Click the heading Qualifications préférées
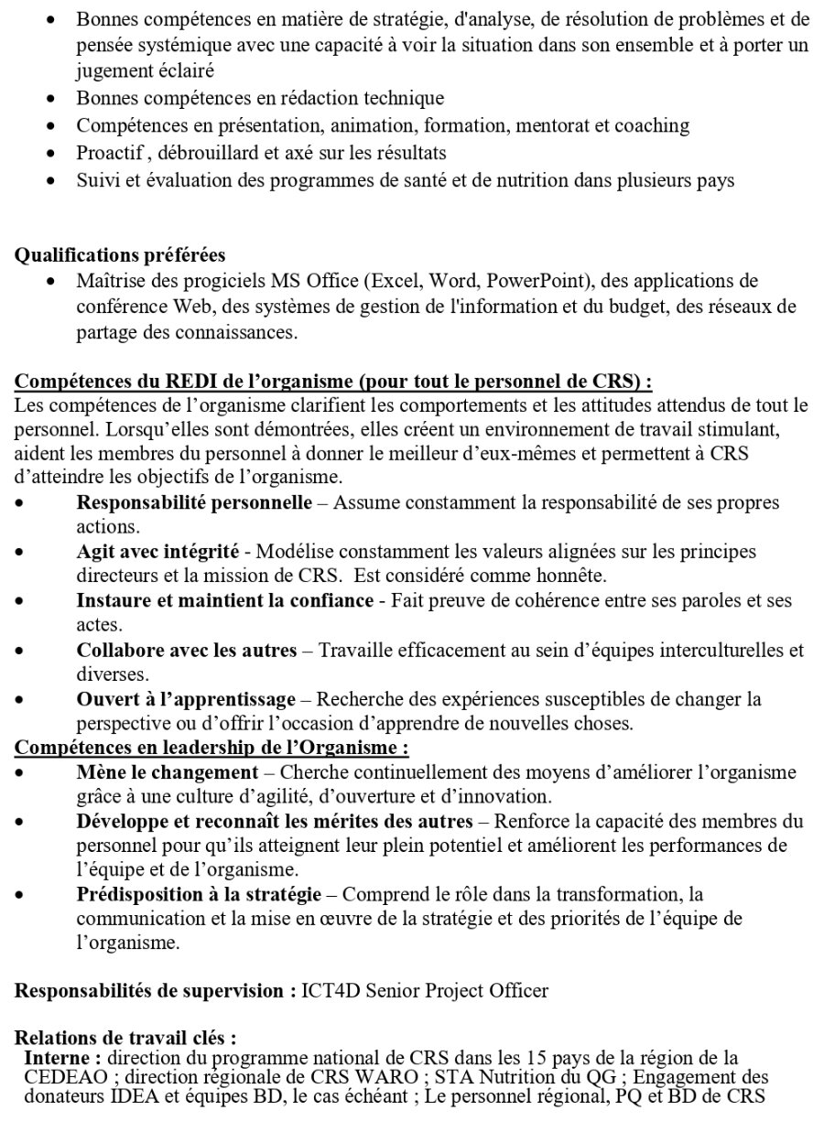(x=120, y=255)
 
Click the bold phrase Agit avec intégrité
(x=157, y=552)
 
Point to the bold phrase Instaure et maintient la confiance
(x=225, y=601)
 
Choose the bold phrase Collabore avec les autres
(x=187, y=651)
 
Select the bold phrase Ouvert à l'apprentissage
(x=186, y=700)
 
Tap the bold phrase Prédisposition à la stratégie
(x=199, y=893)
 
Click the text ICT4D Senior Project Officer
(x=425, y=991)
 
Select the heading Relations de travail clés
(x=125, y=1039)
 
